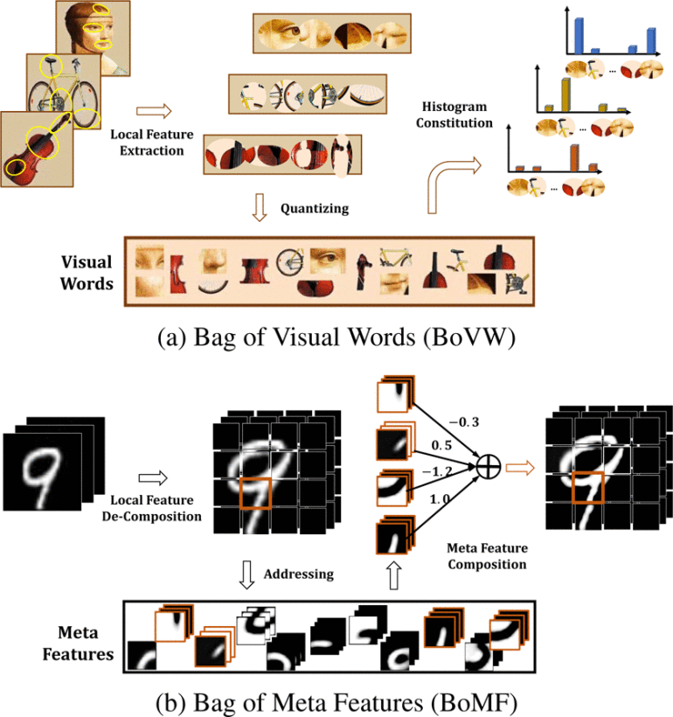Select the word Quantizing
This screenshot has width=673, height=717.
(x=315, y=209)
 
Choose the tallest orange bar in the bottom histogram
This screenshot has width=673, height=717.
(x=574, y=157)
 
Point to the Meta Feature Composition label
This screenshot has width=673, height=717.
(x=486, y=556)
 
